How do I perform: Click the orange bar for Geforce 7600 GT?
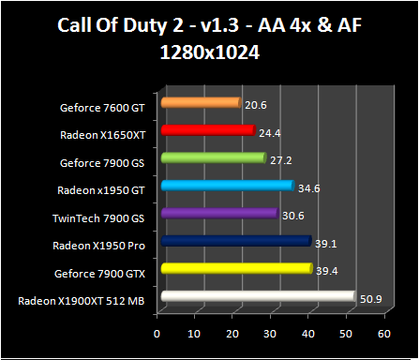(x=201, y=103)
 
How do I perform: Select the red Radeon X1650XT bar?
(x=207, y=130)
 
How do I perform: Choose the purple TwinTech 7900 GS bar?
(x=219, y=214)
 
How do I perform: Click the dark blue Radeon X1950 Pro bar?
(x=235, y=241)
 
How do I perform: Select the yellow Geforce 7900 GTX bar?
(x=236, y=269)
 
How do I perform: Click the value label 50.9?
(x=369, y=298)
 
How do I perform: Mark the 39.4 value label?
(x=326, y=271)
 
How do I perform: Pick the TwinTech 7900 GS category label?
(x=102, y=217)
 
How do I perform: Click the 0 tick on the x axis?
(x=157, y=334)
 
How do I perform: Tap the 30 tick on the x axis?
(x=271, y=334)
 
